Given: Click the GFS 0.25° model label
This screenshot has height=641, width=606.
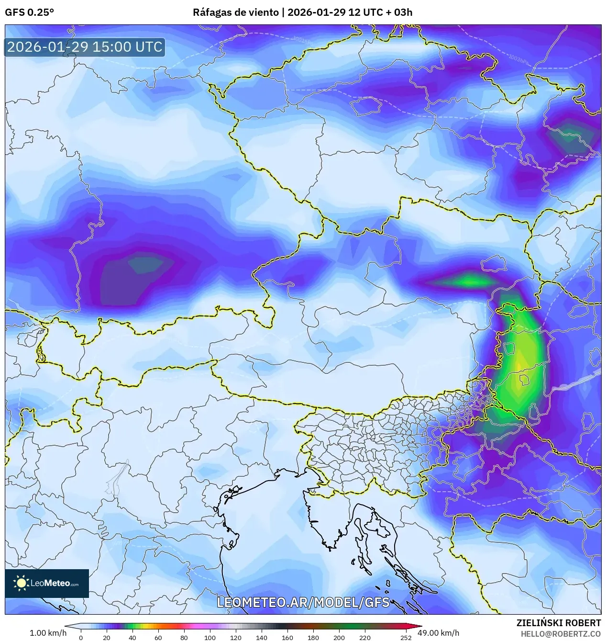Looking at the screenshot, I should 29,12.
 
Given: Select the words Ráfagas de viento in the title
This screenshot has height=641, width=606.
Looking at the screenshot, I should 235,12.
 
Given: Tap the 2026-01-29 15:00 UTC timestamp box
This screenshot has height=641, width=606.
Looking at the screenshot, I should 85,47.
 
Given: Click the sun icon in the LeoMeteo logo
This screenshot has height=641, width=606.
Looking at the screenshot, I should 21,583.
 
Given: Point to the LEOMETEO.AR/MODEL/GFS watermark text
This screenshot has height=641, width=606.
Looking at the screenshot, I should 303,602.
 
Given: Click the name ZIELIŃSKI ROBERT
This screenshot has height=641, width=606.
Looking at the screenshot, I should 558,623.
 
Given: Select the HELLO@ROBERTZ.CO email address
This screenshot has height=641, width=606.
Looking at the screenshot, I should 561,634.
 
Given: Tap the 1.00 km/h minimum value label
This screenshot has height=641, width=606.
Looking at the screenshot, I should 48,633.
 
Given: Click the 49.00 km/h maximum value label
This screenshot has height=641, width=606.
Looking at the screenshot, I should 438,633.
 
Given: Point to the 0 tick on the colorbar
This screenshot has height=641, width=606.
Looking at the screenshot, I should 80,637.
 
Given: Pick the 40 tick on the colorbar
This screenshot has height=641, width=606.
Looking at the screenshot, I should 132,637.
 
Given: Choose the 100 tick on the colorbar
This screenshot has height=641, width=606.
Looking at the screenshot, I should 210,637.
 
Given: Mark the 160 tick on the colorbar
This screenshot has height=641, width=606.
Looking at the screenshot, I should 287,637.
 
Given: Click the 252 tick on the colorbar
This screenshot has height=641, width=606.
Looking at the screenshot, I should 406,637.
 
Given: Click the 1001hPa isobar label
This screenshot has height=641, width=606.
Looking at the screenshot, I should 303,41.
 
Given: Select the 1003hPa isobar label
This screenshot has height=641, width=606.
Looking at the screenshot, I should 518,59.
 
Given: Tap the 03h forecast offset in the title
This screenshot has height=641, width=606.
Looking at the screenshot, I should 403,12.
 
